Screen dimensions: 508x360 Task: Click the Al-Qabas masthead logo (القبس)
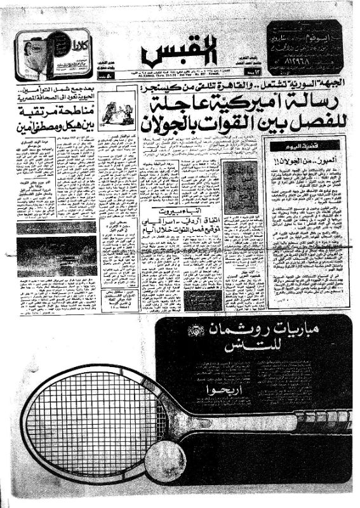click(x=179, y=56)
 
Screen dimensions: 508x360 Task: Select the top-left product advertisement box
click(x=53, y=54)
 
